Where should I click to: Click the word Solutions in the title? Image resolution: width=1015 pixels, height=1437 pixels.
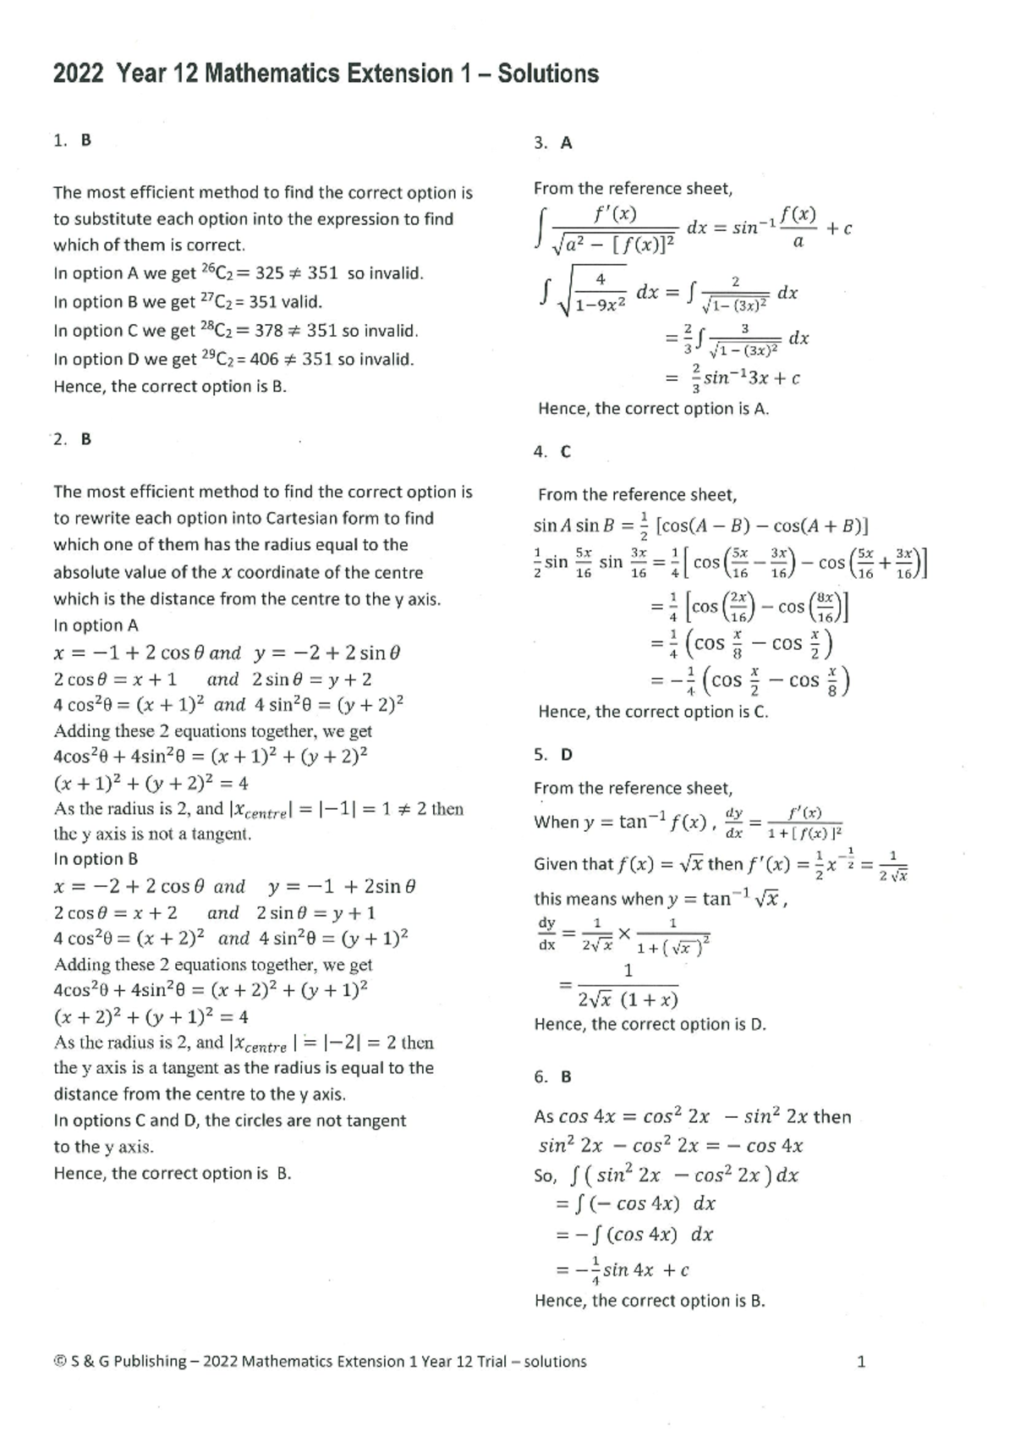pos(547,74)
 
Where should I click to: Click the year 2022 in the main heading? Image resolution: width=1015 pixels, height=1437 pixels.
pos(78,74)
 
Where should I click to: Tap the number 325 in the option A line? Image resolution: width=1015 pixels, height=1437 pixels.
pos(269,273)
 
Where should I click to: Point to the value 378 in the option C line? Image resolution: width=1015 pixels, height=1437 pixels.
pos(269,331)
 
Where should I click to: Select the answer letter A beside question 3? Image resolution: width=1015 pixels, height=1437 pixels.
pos(566,143)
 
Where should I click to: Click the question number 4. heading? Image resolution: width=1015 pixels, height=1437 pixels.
pos(541,452)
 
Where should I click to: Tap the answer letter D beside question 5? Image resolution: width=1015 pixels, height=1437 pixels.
pos(566,755)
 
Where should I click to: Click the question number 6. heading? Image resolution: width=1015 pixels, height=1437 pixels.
pos(541,1077)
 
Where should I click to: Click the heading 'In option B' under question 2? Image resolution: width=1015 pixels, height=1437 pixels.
pos(96,859)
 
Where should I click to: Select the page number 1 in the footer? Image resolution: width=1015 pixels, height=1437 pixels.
pos(861,1362)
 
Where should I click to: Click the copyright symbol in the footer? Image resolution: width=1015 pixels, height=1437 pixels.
pos(59,1362)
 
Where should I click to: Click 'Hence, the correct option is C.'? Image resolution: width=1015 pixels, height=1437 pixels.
pos(653,712)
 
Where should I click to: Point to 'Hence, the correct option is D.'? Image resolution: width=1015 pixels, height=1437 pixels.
pos(650,1025)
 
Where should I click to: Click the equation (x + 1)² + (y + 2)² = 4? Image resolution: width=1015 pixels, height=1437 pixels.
pos(151,783)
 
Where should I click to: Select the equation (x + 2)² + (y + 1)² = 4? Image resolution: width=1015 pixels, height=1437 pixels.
pos(151,1016)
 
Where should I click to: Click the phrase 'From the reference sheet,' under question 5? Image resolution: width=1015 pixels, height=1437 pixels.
pos(633,789)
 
